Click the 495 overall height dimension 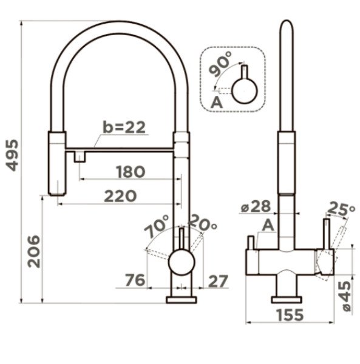12,155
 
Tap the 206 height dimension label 34,251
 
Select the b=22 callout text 124,127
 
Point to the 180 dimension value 131,172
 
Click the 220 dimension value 120,196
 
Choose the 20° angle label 203,223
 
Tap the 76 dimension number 135,280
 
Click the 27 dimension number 218,281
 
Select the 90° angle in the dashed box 220,64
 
